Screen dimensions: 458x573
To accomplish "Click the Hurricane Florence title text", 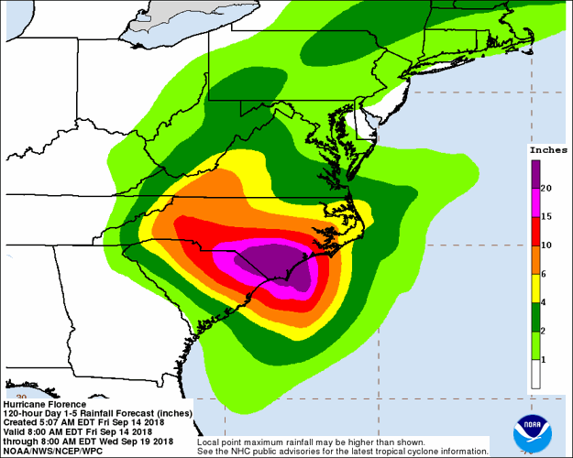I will pyautogui.click(x=46, y=404).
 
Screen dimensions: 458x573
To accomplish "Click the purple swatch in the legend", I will pyautogui.click(x=534, y=173).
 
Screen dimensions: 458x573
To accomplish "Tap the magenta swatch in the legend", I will pyautogui.click(x=534, y=202).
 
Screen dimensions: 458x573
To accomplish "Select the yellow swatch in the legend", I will pyautogui.click(x=534, y=288).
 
